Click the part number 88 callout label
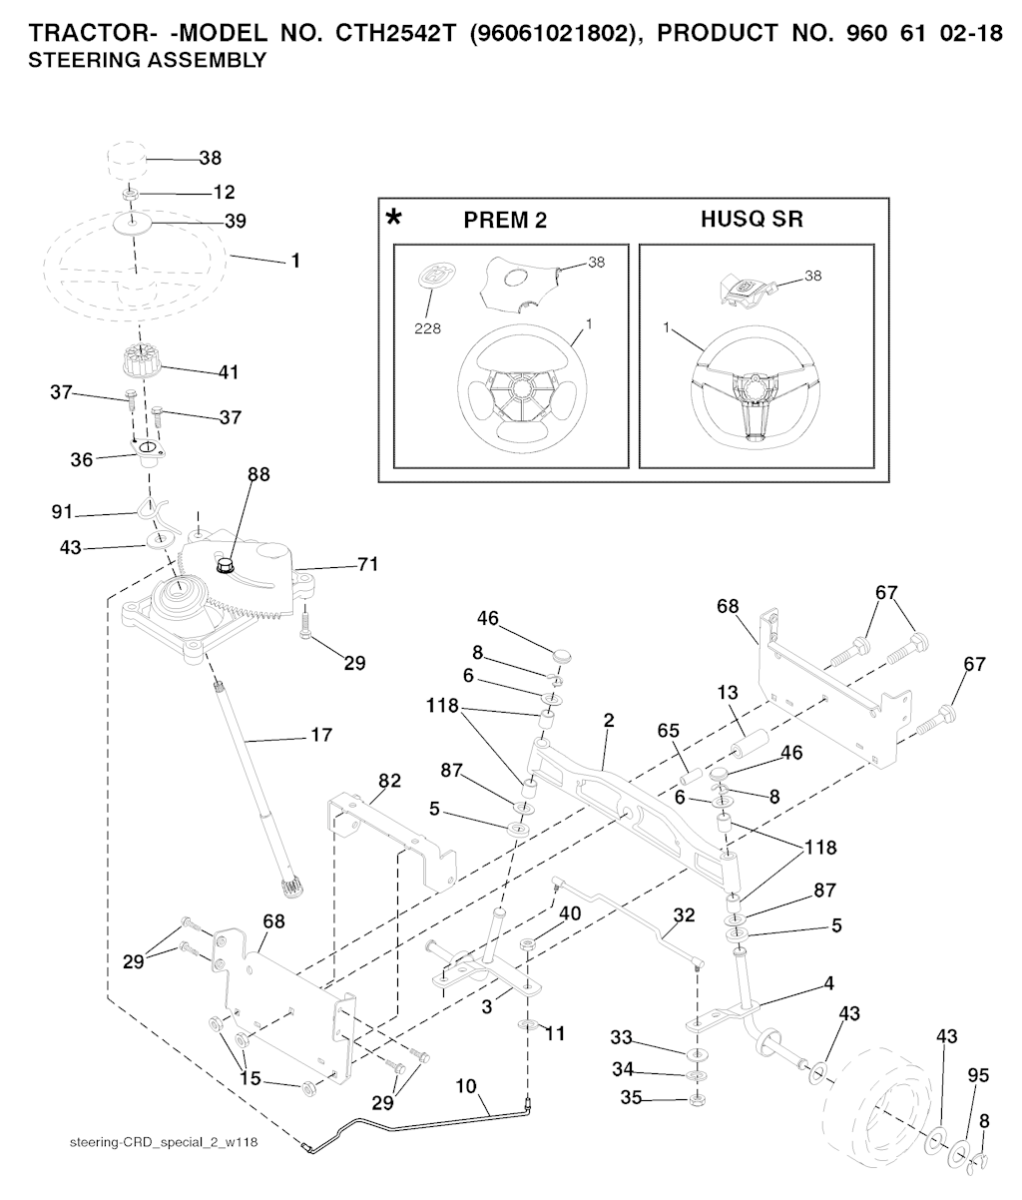pyautogui.click(x=258, y=476)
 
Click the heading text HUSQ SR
pyautogui.click(x=752, y=220)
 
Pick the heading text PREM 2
pyautogui.click(x=505, y=221)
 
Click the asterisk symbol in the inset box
pyautogui.click(x=395, y=217)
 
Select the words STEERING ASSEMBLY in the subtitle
pyautogui.click(x=148, y=61)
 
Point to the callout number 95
pyautogui.click(x=978, y=1076)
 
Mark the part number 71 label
pyautogui.click(x=368, y=565)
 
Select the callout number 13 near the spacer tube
pyautogui.click(x=727, y=692)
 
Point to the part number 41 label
pyautogui.click(x=229, y=371)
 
